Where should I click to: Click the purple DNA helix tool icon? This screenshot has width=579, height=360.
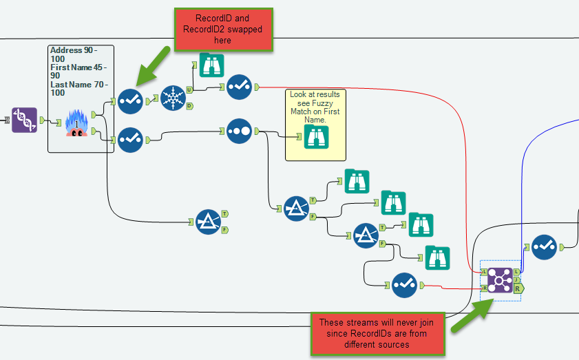click(x=25, y=120)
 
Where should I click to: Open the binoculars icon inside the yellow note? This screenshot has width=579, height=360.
click(x=315, y=136)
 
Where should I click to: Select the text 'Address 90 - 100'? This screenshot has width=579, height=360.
click(x=74, y=55)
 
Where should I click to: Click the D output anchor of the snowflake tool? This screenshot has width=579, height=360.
click(x=189, y=105)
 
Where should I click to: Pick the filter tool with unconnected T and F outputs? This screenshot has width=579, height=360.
click(x=208, y=222)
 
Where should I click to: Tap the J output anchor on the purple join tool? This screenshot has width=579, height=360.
click(x=516, y=279)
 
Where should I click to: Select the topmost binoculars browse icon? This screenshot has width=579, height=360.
click(x=212, y=65)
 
